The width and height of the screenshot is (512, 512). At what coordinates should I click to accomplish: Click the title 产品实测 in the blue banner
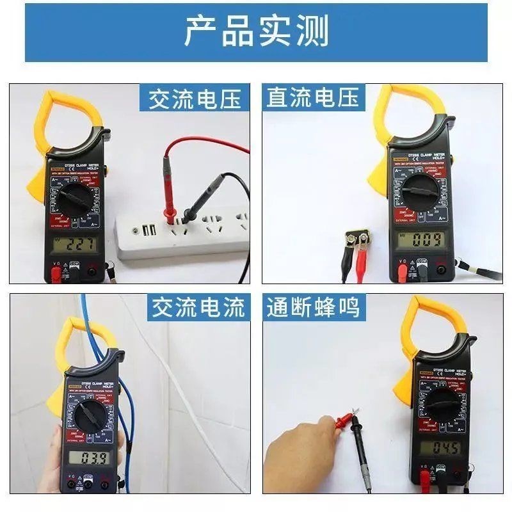tap(256, 32)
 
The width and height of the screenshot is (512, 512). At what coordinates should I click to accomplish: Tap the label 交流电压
tap(195, 99)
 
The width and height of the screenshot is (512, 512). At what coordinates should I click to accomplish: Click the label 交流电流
tap(198, 308)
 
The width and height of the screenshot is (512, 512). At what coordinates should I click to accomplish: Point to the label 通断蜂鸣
tap(314, 308)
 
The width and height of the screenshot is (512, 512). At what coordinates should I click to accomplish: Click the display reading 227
tap(76, 244)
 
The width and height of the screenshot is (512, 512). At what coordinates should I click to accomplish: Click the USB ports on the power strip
tap(148, 230)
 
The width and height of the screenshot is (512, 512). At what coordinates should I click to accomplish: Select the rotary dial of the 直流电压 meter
tap(420, 190)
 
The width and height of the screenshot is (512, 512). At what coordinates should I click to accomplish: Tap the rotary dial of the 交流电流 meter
tap(90, 417)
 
